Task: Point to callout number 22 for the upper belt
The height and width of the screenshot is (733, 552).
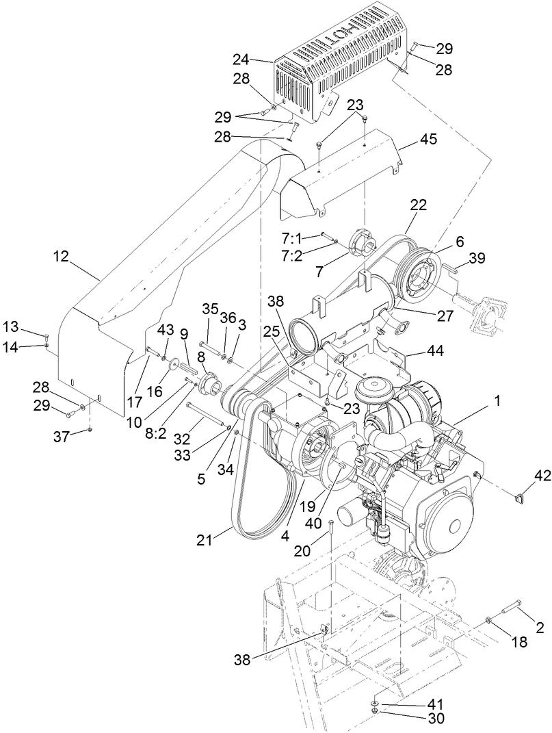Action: point(418,205)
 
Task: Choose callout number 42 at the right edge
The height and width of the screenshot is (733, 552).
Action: point(542,475)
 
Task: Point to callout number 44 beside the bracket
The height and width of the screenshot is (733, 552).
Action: point(435,350)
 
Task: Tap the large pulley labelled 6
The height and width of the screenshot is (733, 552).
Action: point(415,277)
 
